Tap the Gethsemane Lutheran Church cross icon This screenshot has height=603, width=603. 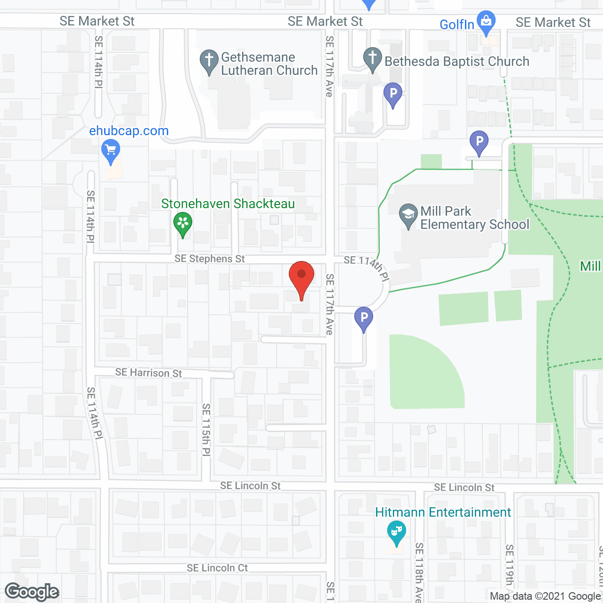coord(209,61)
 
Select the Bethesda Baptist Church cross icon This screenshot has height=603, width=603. coord(372,59)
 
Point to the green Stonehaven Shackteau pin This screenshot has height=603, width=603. coord(183,223)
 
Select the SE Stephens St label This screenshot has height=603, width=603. coord(210,259)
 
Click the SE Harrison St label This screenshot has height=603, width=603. coord(148,373)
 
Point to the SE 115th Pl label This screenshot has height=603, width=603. coord(206,430)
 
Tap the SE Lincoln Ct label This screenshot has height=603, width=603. coord(217,568)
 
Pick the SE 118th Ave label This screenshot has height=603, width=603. coord(419,572)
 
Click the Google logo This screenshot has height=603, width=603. coord(32,592)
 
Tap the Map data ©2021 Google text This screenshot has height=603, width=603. coord(545,596)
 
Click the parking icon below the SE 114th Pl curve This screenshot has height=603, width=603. coord(364,318)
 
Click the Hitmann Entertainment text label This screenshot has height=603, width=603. coord(443,512)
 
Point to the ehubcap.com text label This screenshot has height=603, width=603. coord(129,131)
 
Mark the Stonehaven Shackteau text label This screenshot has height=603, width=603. coord(228,204)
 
